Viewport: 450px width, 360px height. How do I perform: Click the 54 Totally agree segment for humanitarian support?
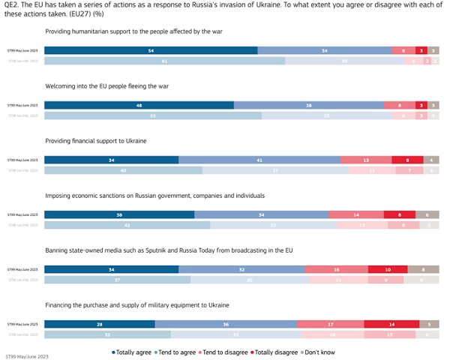pyautogui.click(x=151, y=50)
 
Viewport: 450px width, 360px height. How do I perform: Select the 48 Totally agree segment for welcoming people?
pyautogui.click(x=139, y=105)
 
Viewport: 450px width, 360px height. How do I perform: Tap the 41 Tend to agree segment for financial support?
pyautogui.click(x=259, y=160)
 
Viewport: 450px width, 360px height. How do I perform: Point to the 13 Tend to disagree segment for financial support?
pyautogui.click(x=366, y=160)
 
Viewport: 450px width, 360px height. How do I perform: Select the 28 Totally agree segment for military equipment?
pyautogui.click(x=100, y=324)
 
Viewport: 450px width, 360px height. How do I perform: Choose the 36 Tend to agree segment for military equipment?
pyautogui.click(x=226, y=324)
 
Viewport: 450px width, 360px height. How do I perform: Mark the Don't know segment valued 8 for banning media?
pyautogui.click(x=423, y=269)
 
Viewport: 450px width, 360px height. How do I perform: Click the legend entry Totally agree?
pyautogui.click(x=132, y=350)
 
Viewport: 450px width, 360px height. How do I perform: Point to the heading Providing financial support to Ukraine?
pyautogui.click(x=96, y=141)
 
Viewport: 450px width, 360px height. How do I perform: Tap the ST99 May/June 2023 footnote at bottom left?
pyautogui.click(x=26, y=356)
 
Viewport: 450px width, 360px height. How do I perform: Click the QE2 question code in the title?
pyautogui.click(x=12, y=4)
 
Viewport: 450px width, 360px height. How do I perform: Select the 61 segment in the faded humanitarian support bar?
pyautogui.click(x=164, y=61)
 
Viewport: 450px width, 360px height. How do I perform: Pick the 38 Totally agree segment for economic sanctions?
pyautogui.click(x=119, y=214)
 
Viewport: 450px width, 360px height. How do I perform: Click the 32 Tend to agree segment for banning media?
pyautogui.click(x=241, y=269)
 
